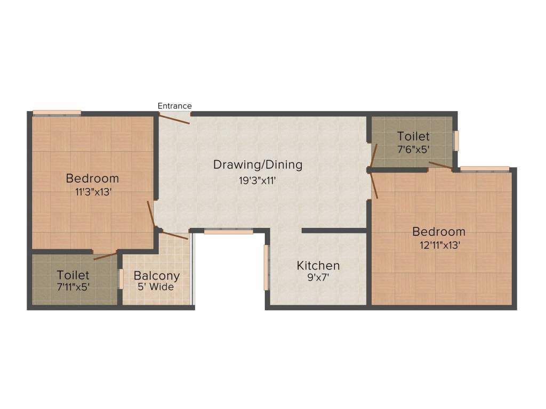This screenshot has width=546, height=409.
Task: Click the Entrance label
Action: tap(174, 106)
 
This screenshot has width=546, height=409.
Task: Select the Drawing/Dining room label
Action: tap(258, 165)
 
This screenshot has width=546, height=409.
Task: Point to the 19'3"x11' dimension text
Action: tap(258, 180)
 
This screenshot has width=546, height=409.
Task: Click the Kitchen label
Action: tap(318, 265)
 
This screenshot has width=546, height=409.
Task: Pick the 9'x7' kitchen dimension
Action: tap(318, 277)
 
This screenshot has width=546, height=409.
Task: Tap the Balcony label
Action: tap(157, 276)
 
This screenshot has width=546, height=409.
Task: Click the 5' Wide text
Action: tap(157, 287)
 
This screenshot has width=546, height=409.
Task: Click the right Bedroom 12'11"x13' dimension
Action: tap(439, 245)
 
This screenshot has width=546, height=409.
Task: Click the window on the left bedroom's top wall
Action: tap(57, 112)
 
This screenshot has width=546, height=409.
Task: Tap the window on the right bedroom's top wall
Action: tap(484, 169)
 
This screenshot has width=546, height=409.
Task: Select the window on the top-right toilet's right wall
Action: tap(456, 141)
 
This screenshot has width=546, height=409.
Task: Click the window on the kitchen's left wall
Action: tap(267, 267)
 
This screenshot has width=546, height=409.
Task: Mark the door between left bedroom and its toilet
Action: tap(105, 255)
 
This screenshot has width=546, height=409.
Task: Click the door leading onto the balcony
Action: tap(174, 235)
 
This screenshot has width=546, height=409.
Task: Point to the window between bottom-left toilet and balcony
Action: tap(121, 279)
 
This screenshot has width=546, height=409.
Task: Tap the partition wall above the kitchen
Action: tap(334, 231)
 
